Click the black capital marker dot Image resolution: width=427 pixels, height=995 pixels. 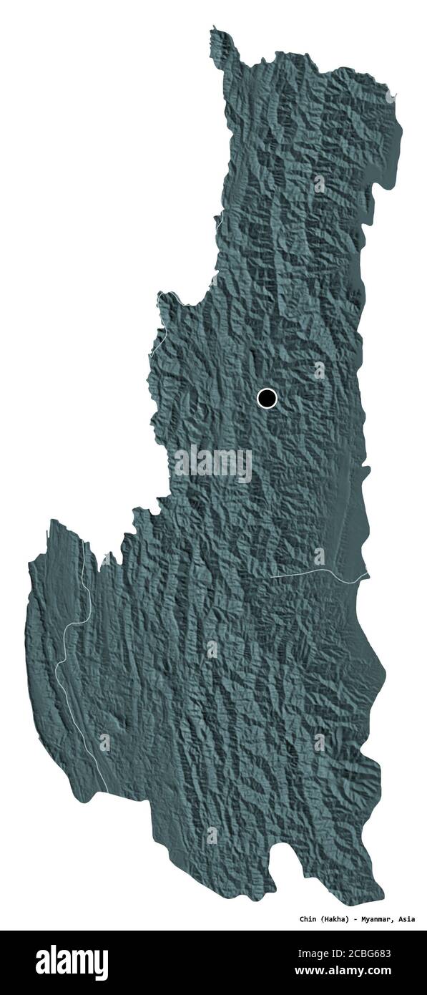[267, 398]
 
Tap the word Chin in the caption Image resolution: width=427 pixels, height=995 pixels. [309, 918]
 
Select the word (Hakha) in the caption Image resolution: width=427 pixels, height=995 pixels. [336, 918]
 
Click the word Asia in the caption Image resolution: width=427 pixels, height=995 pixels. [407, 918]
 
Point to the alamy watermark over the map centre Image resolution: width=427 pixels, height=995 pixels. [213, 464]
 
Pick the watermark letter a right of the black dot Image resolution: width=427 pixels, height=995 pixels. [319, 370]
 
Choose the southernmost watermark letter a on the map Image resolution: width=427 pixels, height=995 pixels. [212, 835]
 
